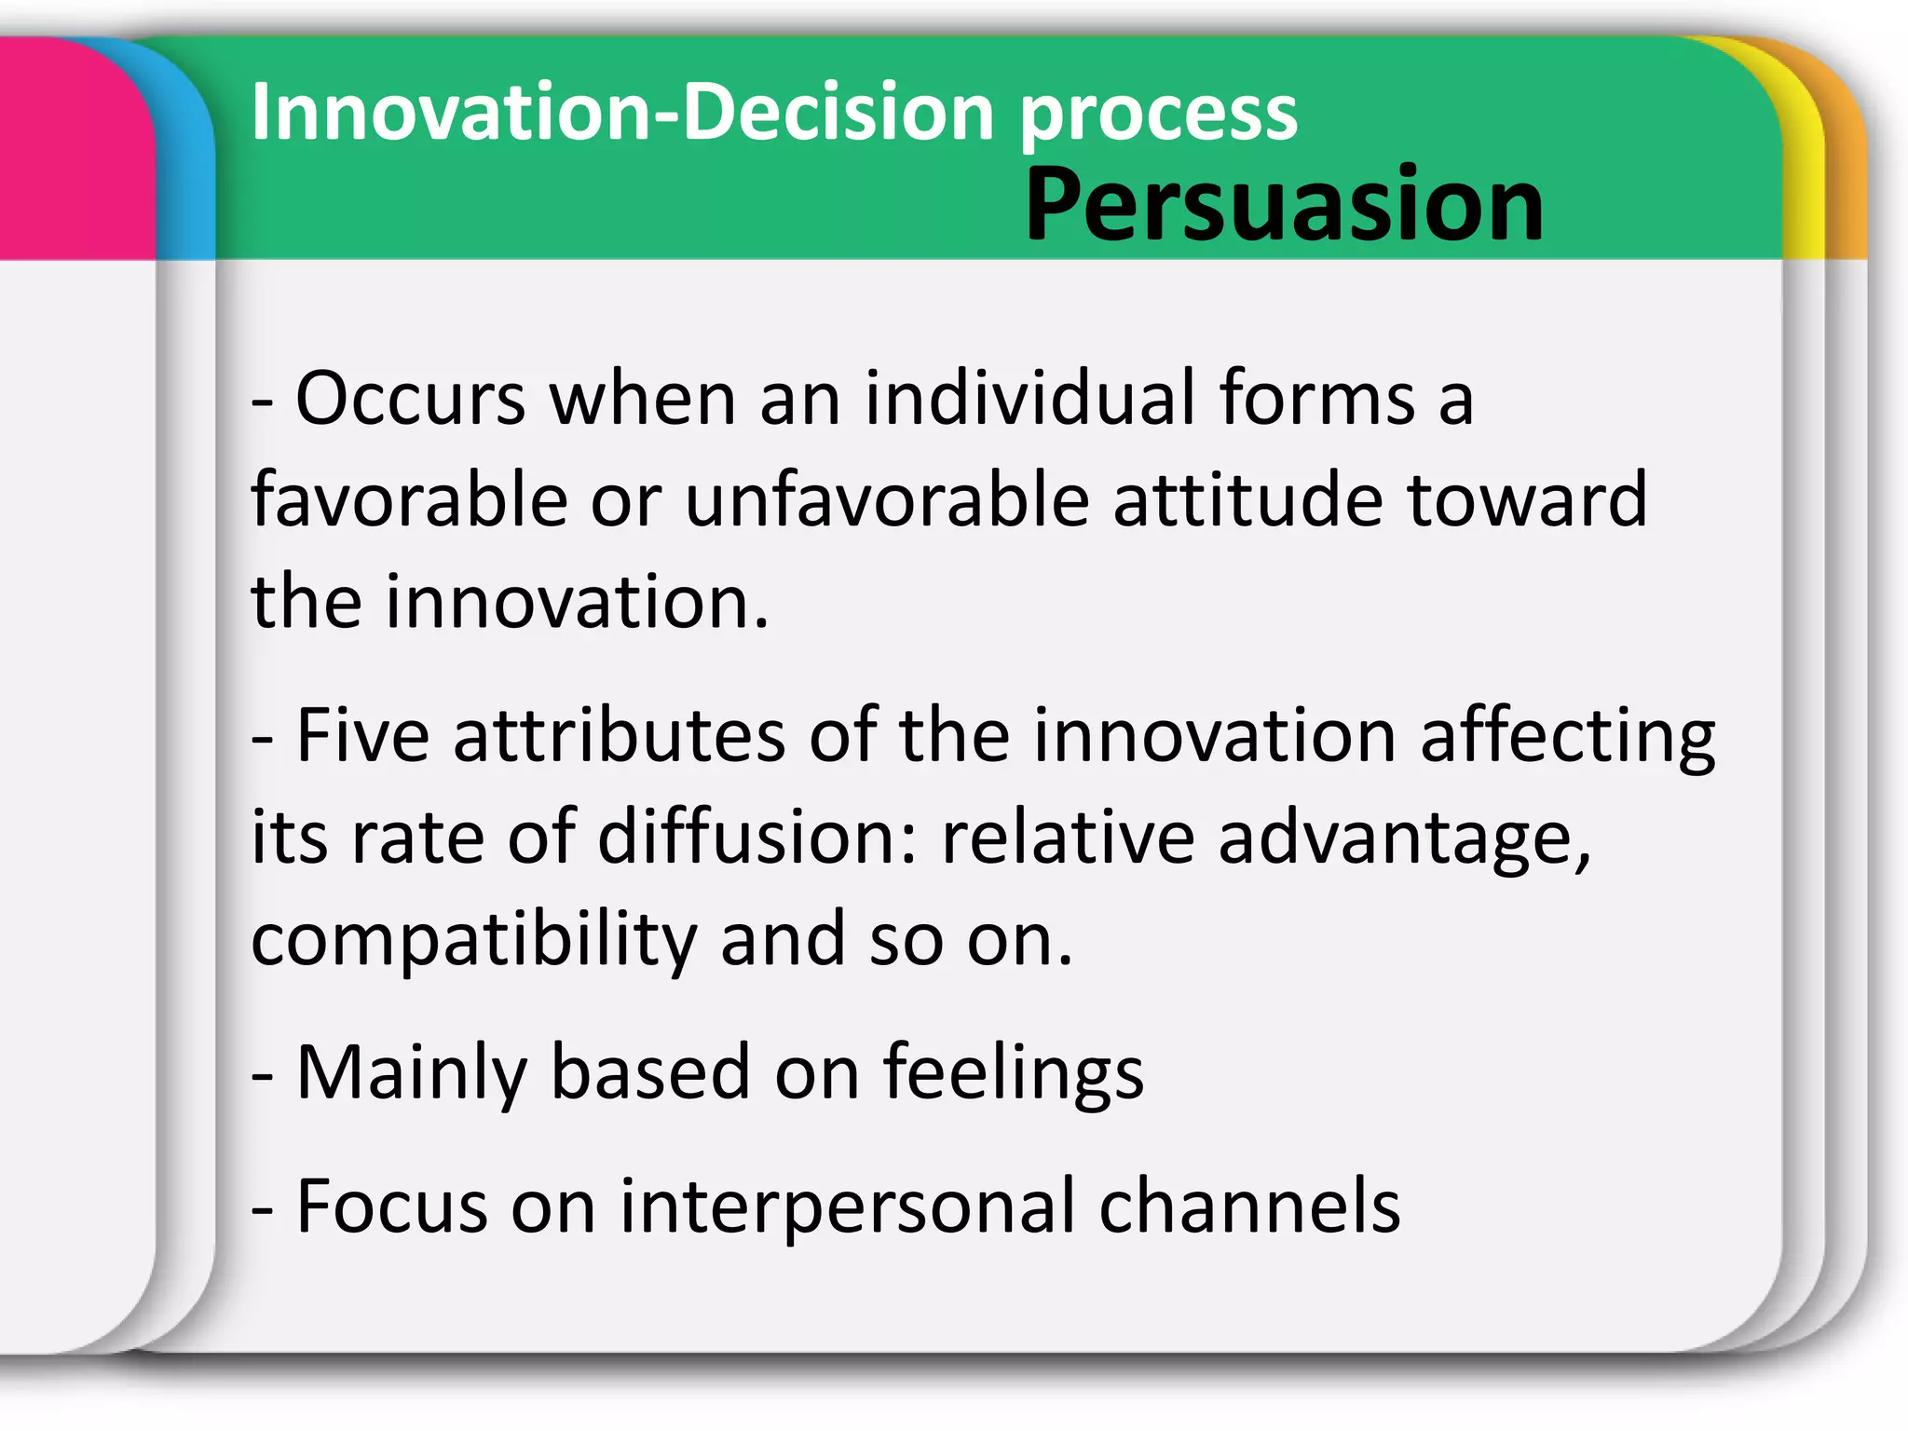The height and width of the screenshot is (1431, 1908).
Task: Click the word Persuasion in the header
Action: tap(1284, 205)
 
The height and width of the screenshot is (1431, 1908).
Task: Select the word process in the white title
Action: tap(1158, 116)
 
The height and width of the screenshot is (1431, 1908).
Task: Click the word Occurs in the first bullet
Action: tap(411, 399)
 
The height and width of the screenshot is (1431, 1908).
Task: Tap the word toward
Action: tap(1527, 500)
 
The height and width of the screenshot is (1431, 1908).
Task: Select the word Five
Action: tap(362, 736)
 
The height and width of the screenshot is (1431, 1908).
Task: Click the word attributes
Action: tap(620, 736)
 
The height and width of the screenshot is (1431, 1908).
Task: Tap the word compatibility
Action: tap(473, 941)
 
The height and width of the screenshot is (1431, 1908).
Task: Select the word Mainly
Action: tap(411, 1074)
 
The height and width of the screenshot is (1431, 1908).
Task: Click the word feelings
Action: tap(1013, 1074)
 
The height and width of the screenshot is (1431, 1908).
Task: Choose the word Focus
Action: tap(391, 1206)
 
